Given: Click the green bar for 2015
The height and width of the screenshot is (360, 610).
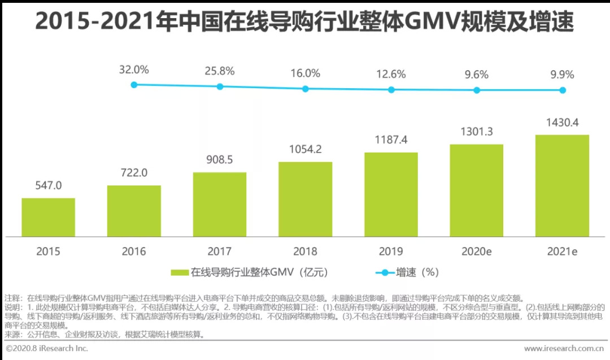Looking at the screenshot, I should [x=48, y=217].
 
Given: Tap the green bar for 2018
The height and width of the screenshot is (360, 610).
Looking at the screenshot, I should [x=305, y=199].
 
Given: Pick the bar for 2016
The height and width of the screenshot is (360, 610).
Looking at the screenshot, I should [x=134, y=211].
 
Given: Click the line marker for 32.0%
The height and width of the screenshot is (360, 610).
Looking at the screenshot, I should [x=134, y=85].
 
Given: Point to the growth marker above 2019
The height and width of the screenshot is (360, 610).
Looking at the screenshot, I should [x=391, y=89].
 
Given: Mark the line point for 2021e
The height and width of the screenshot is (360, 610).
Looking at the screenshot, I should [x=563, y=90].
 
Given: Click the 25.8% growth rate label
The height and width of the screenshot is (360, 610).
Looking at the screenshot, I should [x=220, y=71].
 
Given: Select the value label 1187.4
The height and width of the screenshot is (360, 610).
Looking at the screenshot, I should [x=391, y=139].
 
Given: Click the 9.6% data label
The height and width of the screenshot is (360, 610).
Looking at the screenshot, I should [x=477, y=74].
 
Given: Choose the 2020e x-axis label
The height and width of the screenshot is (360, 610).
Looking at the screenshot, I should [x=477, y=251].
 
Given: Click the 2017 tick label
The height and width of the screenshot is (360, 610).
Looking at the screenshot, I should [x=220, y=251].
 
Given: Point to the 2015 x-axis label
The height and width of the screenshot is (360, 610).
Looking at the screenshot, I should [x=48, y=251].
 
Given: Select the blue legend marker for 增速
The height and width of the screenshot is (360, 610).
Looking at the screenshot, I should [x=385, y=272].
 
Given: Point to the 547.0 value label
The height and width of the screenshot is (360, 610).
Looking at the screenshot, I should [x=48, y=185].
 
